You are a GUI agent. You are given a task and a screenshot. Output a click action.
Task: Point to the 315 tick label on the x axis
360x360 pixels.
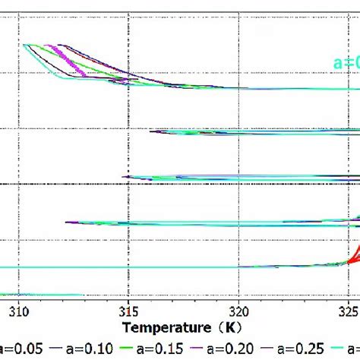coord(129,311)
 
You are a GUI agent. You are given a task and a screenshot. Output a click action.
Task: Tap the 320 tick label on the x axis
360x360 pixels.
coord(238,311)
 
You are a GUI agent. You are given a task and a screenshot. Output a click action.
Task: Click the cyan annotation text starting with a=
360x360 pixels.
coord(346,64)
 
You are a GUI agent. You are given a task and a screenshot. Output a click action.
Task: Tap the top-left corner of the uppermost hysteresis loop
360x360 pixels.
coord(25,46)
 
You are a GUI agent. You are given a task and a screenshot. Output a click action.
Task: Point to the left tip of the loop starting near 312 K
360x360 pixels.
coord(67,223)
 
